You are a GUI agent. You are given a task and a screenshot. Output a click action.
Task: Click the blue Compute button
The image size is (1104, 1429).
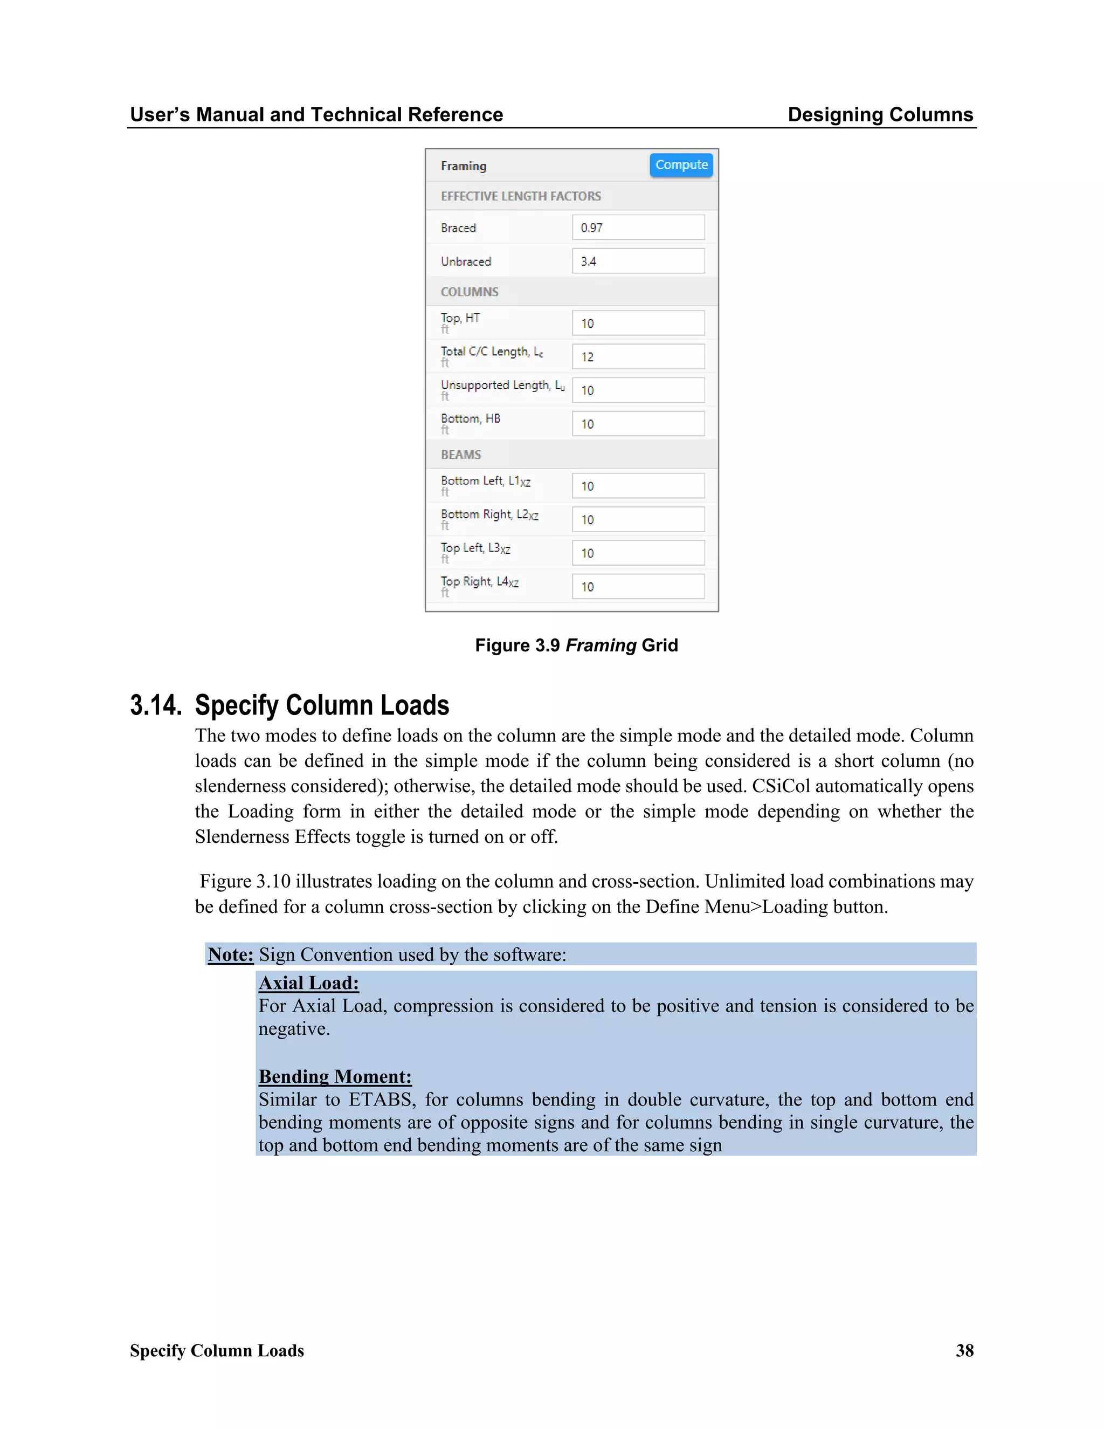681,165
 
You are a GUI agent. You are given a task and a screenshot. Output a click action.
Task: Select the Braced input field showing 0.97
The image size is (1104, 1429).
638,228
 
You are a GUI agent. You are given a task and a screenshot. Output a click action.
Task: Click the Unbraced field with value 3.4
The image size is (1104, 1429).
638,261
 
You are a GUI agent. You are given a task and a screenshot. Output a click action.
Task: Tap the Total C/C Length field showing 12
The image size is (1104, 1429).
638,356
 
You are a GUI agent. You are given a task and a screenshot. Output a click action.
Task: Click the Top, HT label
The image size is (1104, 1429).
460,318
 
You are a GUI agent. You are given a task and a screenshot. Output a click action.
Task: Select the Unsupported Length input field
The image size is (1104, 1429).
638,390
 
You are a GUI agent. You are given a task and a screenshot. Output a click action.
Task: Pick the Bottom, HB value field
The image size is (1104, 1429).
638,424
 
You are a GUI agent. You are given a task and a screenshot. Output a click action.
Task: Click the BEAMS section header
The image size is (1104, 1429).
460,454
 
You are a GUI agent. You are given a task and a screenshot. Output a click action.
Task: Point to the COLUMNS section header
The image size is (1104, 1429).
469,292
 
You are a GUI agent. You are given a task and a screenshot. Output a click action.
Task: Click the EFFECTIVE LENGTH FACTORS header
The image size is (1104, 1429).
520,196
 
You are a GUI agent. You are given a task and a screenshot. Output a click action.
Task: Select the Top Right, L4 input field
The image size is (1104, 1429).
638,586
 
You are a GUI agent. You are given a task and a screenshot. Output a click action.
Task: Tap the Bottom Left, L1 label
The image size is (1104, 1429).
485,481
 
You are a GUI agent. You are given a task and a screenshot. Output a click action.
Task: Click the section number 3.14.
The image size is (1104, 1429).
156,705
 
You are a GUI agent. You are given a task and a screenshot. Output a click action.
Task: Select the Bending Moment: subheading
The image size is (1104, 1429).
335,1076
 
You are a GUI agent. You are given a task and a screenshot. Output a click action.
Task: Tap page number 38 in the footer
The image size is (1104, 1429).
964,1350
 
